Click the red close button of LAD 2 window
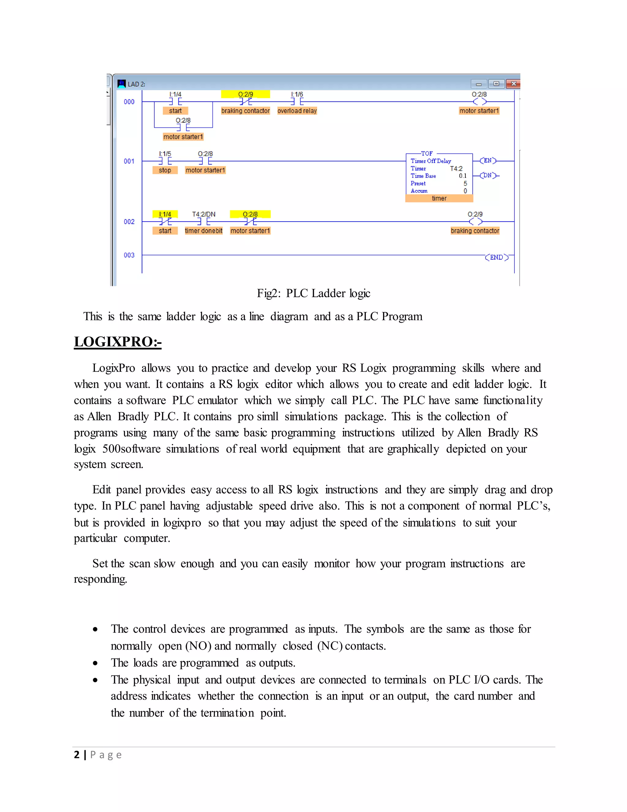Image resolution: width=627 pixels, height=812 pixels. click(x=513, y=84)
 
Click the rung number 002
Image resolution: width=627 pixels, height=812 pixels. click(x=129, y=222)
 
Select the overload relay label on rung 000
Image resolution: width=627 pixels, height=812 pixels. click(x=297, y=111)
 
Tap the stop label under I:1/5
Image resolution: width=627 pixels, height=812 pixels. click(x=165, y=170)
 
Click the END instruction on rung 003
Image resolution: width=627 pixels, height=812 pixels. click(x=496, y=257)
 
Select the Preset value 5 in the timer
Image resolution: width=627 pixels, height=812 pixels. click(x=465, y=183)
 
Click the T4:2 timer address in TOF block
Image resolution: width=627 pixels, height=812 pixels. click(x=456, y=169)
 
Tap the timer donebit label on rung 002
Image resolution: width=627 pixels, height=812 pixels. click(x=204, y=231)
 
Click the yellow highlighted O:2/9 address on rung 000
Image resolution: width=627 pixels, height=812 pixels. click(x=246, y=94)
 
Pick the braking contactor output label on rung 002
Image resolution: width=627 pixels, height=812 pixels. click(x=475, y=231)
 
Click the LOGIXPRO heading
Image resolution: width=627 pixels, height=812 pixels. click(x=118, y=342)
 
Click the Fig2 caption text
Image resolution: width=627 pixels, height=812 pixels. click(x=313, y=293)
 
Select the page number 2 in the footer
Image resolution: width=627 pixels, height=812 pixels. click(x=77, y=754)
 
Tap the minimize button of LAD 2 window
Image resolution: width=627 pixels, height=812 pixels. click(x=479, y=84)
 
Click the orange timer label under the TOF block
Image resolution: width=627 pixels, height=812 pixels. click(x=439, y=199)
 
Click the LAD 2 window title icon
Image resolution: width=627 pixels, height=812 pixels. click(x=122, y=84)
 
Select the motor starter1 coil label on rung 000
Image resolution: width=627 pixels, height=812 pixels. click(x=479, y=111)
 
